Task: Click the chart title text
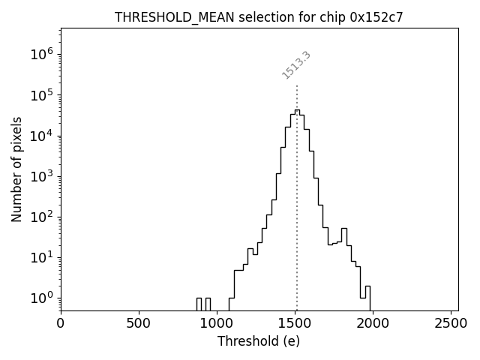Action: [259, 17]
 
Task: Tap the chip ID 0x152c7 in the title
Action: [376, 17]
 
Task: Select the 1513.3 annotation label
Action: [296, 65]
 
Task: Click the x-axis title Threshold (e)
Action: [259, 341]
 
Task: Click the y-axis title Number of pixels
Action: [17, 169]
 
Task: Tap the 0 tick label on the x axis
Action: [61, 323]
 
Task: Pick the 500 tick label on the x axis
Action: [139, 323]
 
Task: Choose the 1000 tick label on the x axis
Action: [217, 323]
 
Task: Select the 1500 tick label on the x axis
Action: [295, 323]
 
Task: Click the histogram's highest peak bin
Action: [297, 111]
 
